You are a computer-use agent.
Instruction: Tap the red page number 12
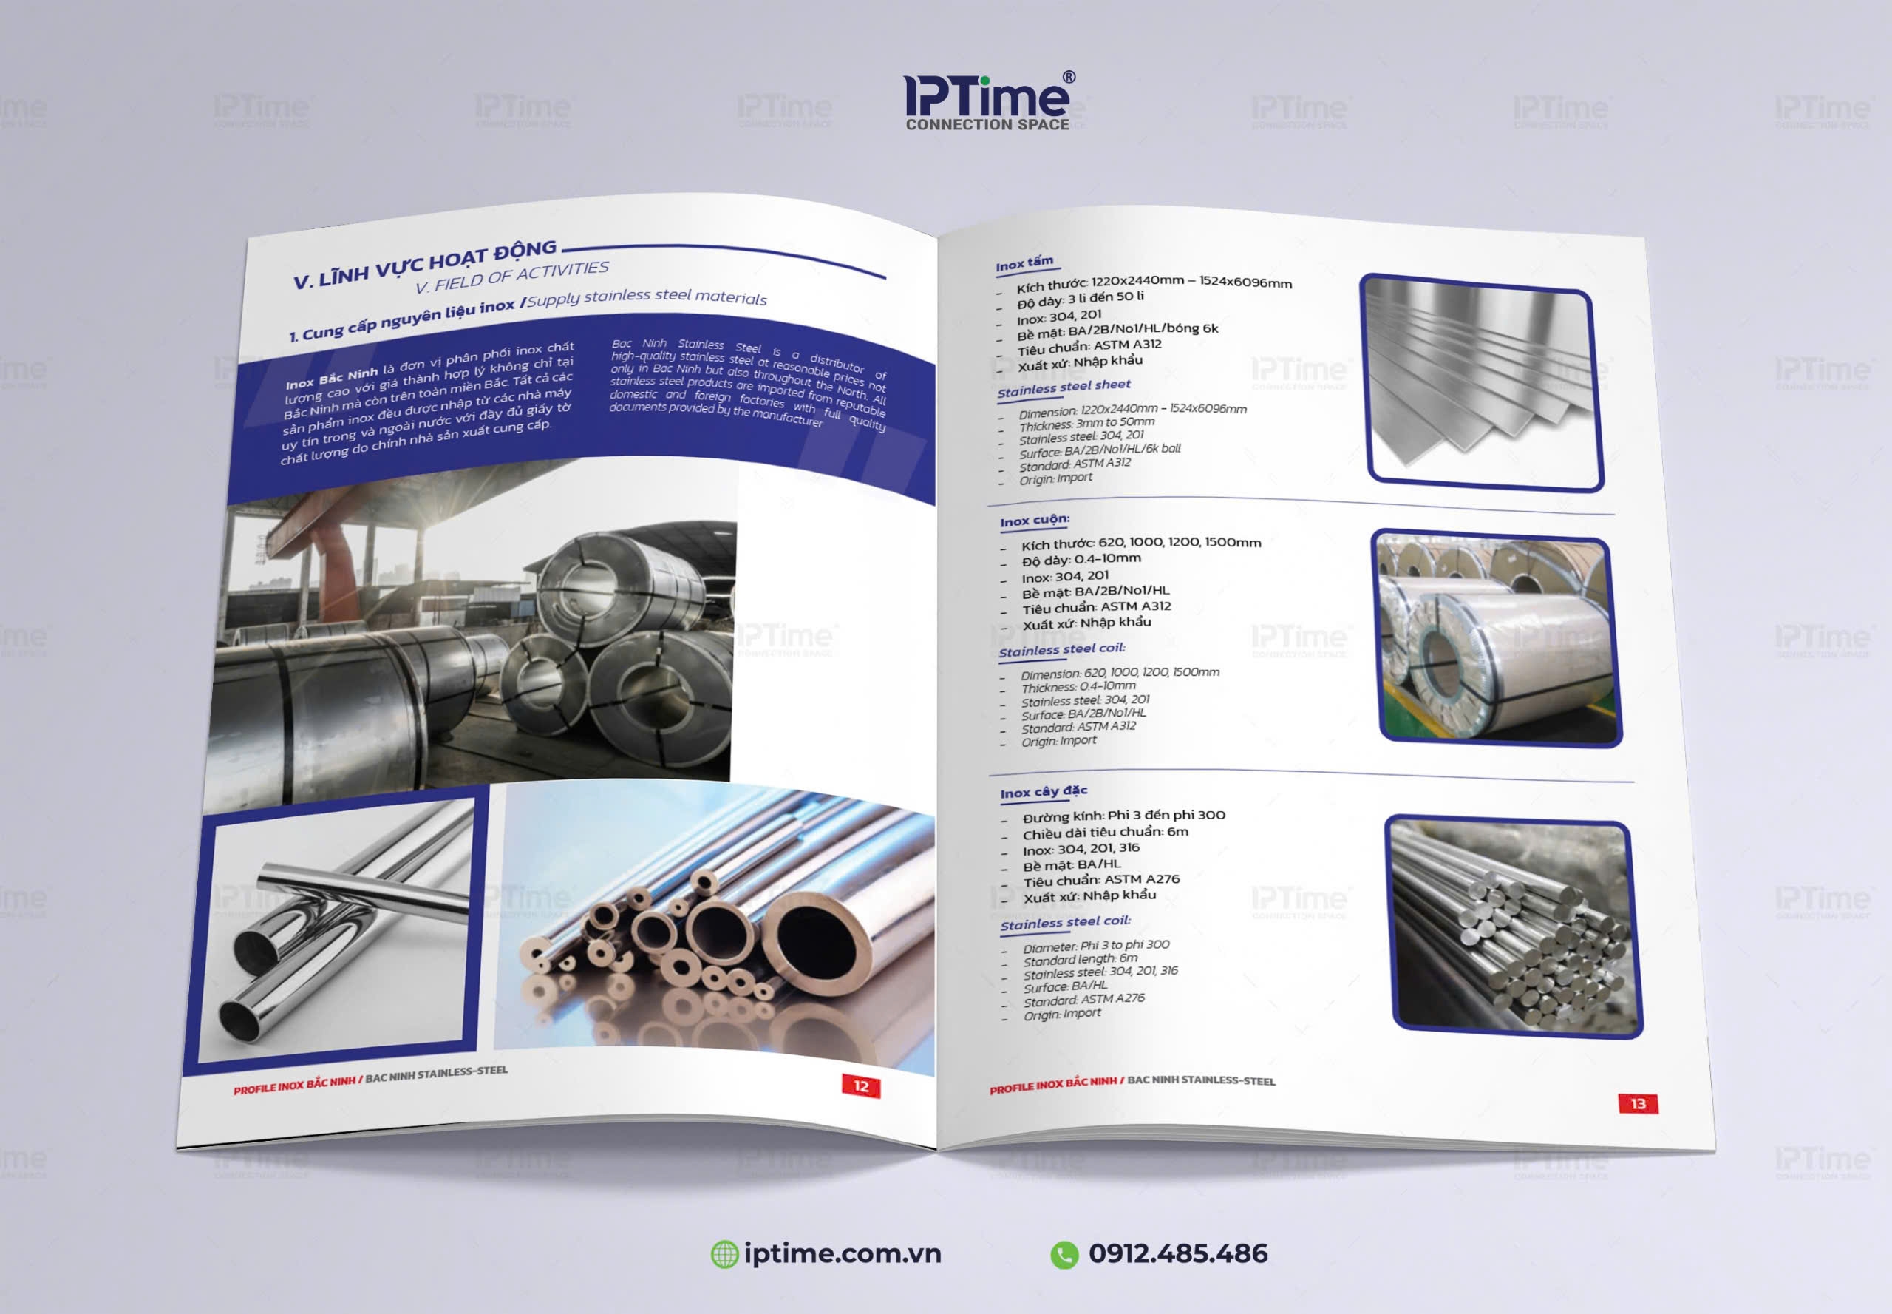tap(861, 1086)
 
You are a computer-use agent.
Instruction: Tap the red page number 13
tap(1638, 1103)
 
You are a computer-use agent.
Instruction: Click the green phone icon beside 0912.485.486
tap(1064, 1254)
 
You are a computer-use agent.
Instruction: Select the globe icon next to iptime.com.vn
tap(724, 1254)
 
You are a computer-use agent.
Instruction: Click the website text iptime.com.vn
tap(842, 1253)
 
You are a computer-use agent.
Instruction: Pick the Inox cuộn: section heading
tap(1035, 521)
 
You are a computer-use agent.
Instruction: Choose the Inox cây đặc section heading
tap(1044, 792)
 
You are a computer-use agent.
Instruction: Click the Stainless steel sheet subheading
tap(1064, 387)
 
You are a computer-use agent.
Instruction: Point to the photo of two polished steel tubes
tap(338, 931)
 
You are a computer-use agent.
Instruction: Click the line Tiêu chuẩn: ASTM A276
tap(1100, 880)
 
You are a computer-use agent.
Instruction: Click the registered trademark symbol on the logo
tap(1069, 78)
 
